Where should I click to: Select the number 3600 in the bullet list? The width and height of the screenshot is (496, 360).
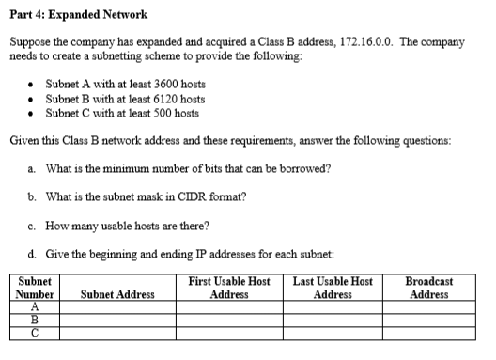(151, 85)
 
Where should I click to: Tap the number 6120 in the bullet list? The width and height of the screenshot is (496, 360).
(151, 99)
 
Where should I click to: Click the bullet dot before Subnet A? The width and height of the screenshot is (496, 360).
(34, 85)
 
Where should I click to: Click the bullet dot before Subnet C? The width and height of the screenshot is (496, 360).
(34, 113)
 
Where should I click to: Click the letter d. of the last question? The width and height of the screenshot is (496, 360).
(34, 253)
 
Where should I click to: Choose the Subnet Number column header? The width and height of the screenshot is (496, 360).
(36, 287)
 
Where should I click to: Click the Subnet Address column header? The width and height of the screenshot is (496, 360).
(117, 294)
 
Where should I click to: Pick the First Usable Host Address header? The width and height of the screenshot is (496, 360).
(229, 287)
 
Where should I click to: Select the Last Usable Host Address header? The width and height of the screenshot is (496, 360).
(333, 287)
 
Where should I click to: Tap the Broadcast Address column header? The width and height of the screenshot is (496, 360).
(428, 287)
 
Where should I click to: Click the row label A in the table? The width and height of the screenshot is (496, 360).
(36, 306)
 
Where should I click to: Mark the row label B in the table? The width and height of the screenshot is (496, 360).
(36, 319)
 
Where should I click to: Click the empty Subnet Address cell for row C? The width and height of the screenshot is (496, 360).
(117, 331)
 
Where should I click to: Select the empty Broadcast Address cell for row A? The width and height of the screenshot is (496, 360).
(428, 306)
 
